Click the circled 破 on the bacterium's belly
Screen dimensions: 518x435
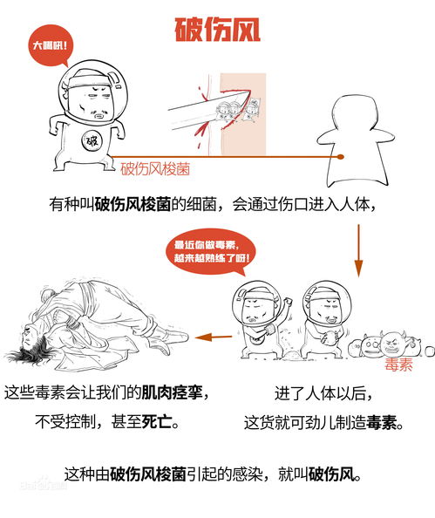(91, 141)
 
